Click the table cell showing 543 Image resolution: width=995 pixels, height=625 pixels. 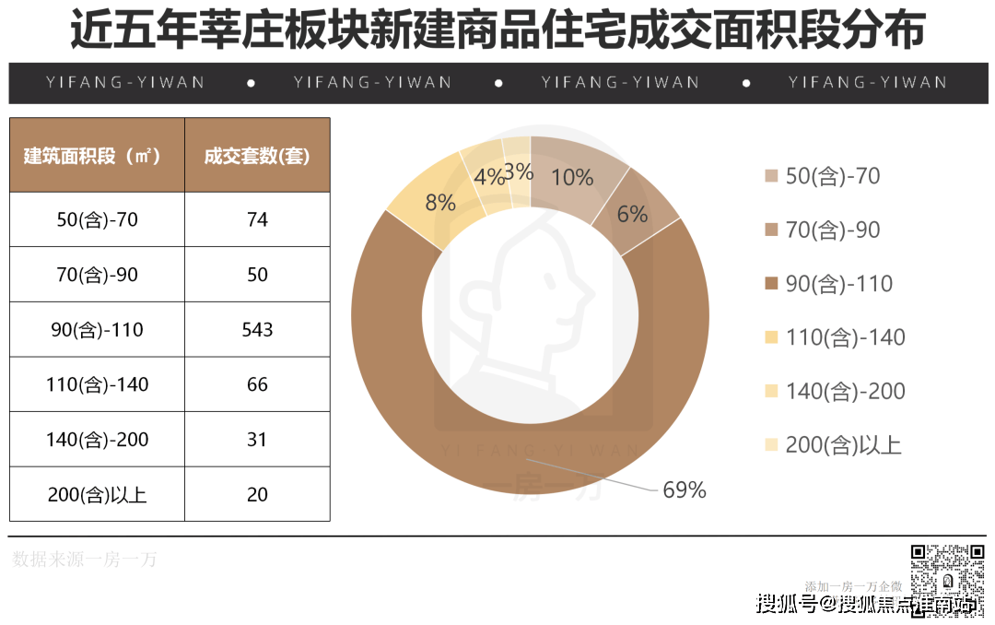coord(257,329)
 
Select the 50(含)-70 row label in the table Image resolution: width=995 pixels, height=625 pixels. coord(97,219)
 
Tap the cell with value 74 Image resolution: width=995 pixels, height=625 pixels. coord(257,219)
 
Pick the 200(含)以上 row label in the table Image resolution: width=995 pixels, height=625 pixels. coord(97,495)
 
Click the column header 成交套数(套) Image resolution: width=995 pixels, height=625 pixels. coord(257,156)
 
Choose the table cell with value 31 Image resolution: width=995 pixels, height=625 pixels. coord(257,440)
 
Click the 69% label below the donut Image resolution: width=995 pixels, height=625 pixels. coord(684,490)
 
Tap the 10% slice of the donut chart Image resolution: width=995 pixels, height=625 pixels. coord(572,177)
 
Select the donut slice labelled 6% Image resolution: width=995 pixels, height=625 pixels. coord(632,214)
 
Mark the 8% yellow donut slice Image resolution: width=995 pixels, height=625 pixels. coord(440,201)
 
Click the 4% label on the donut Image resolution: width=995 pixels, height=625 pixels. coord(488,175)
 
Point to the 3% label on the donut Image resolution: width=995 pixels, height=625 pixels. coord(519,171)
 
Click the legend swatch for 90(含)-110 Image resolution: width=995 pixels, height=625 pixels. coord(771,284)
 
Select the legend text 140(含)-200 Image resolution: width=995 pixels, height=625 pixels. coord(845,392)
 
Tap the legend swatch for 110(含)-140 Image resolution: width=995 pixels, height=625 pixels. coord(771,338)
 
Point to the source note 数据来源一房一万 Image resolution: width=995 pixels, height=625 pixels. coord(85,559)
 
